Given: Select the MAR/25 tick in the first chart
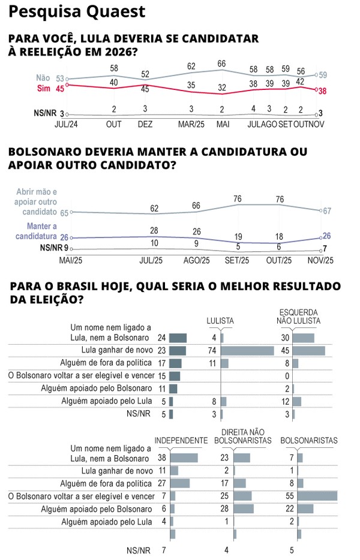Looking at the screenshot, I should pyautogui.click(x=191, y=124).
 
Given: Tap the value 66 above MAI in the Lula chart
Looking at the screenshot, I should pyautogui.click(x=221, y=63).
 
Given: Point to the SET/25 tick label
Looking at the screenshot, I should pyautogui.click(x=236, y=261).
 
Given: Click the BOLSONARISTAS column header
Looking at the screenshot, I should pyautogui.click(x=308, y=440).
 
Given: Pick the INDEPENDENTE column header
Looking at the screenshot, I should pyautogui.click(x=181, y=440).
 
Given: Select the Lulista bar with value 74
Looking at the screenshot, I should pyautogui.click(x=247, y=350).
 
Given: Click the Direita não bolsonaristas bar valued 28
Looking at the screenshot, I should pyautogui.click(x=244, y=508).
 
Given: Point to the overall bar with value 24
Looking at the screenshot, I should pyautogui.click(x=178, y=338).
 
